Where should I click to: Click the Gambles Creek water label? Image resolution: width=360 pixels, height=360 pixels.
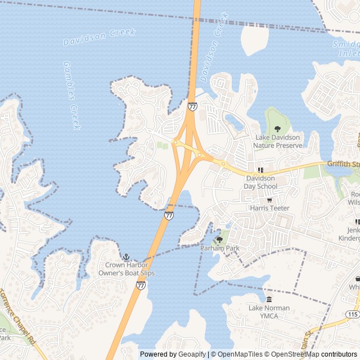click(x=72, y=96)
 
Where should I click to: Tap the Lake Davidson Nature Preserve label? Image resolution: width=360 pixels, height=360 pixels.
click(x=278, y=141)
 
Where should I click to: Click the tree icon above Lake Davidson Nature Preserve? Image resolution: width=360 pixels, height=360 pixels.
click(x=277, y=129)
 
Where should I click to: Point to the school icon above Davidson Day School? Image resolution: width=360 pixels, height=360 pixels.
click(x=260, y=170)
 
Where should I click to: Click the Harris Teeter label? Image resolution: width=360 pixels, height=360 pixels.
click(x=270, y=208)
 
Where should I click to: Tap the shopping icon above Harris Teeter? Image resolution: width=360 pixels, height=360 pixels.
click(x=269, y=200)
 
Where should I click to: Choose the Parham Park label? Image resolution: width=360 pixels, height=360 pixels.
click(x=220, y=248)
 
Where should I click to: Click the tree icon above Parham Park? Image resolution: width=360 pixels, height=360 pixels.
click(x=219, y=239)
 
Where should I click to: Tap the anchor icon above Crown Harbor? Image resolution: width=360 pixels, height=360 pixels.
click(x=126, y=257)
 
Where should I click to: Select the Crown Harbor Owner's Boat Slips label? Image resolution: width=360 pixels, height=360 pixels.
click(x=130, y=269)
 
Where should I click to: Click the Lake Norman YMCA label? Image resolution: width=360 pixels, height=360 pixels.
click(x=269, y=312)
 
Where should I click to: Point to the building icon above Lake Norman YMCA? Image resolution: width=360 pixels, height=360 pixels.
click(x=269, y=300)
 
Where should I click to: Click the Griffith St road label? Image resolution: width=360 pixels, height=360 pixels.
click(x=343, y=164)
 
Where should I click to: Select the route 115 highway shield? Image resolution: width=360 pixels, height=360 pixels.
click(x=353, y=313)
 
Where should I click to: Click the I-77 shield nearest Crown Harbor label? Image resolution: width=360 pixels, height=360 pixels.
click(x=141, y=286)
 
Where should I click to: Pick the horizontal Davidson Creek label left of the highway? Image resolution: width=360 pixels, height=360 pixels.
click(x=99, y=37)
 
